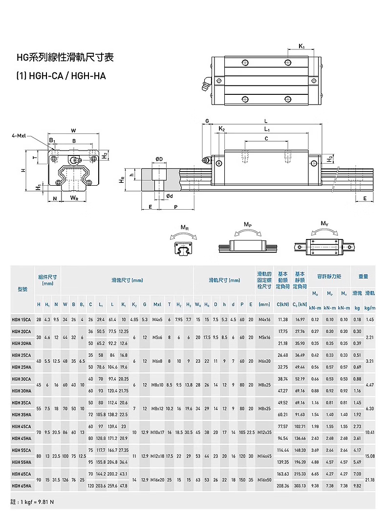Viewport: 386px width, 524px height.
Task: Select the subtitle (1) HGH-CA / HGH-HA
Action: tap(61, 76)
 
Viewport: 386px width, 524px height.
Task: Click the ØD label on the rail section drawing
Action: tap(159, 159)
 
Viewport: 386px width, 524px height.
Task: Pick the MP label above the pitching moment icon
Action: tap(248, 224)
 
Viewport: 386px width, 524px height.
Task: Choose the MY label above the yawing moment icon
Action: tap(324, 223)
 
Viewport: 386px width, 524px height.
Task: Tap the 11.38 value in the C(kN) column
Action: tap(282, 319)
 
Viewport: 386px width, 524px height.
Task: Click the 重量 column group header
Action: tap(363, 277)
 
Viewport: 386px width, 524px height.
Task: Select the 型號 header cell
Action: tap(22, 289)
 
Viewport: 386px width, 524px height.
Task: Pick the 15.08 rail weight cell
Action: tap(370, 456)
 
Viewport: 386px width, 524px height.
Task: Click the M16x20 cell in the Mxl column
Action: tap(157, 480)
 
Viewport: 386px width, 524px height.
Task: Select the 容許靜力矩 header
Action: tap(329, 277)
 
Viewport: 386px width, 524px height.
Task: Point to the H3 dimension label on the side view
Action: tap(330, 159)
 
